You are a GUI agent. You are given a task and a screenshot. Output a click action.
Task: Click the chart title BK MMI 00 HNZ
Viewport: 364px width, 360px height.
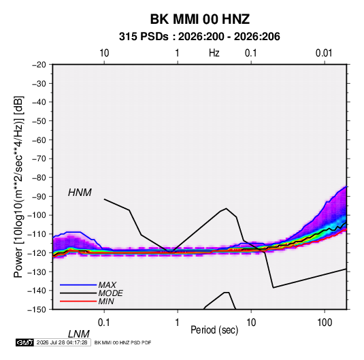[x=200, y=19]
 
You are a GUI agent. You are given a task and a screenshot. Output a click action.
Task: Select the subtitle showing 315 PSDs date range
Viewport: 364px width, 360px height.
[x=199, y=37]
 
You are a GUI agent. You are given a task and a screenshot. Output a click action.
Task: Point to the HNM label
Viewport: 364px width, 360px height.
[x=80, y=193]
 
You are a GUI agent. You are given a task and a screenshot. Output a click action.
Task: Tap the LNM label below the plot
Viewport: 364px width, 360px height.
[x=78, y=334]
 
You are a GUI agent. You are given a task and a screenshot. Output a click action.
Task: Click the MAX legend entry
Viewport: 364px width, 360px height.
[x=107, y=284]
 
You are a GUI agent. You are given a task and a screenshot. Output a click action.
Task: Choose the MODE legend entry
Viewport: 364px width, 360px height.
[x=110, y=293]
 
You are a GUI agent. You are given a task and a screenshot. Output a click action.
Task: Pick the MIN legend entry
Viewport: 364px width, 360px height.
[x=106, y=301]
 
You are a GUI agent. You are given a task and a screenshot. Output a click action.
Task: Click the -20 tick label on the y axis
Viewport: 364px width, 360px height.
[x=39, y=65]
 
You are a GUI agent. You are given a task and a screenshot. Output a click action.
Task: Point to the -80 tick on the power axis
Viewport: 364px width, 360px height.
[x=39, y=178]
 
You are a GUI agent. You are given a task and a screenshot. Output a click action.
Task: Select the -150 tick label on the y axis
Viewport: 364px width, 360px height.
[x=37, y=310]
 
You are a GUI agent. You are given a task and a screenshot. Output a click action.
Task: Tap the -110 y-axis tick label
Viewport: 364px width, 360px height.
[x=37, y=234]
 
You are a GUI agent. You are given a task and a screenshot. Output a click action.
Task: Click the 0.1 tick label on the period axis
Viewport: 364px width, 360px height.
[x=104, y=323]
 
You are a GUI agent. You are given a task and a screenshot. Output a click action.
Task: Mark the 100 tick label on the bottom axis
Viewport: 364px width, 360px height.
[x=325, y=323]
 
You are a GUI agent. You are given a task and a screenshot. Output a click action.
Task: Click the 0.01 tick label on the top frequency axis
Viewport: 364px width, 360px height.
[x=324, y=53]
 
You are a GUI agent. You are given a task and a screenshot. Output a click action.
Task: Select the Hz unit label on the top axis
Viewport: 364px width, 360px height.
[x=214, y=53]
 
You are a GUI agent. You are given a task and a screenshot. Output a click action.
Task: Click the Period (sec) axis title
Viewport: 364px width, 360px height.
[x=214, y=330]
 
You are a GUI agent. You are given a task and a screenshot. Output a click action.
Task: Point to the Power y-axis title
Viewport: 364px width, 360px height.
[x=18, y=186]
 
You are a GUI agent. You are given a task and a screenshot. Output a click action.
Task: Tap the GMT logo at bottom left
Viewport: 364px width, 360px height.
[x=24, y=342]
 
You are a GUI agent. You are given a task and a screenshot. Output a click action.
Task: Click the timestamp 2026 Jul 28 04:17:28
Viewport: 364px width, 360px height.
[x=62, y=342]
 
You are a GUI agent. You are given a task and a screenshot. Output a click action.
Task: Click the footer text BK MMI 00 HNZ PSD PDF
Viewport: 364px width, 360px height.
[x=122, y=342]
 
